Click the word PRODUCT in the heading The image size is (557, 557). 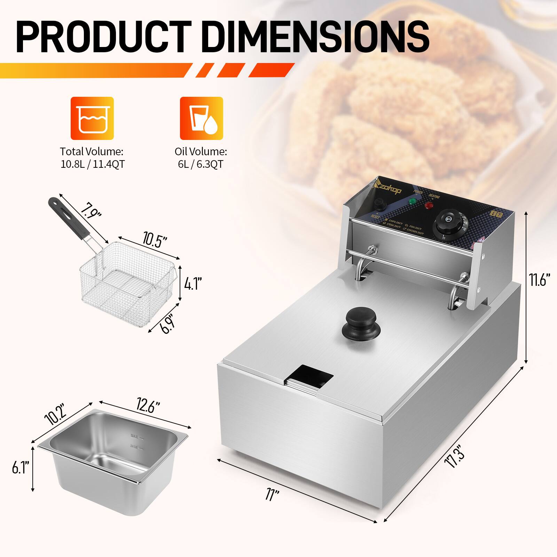[x=104, y=41]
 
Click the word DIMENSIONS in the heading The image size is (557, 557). [x=315, y=41]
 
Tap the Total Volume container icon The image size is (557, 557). [x=92, y=118]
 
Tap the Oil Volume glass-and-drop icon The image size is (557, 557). [x=201, y=118]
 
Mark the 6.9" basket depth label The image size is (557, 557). [x=167, y=323]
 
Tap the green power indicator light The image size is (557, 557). [x=413, y=202]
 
